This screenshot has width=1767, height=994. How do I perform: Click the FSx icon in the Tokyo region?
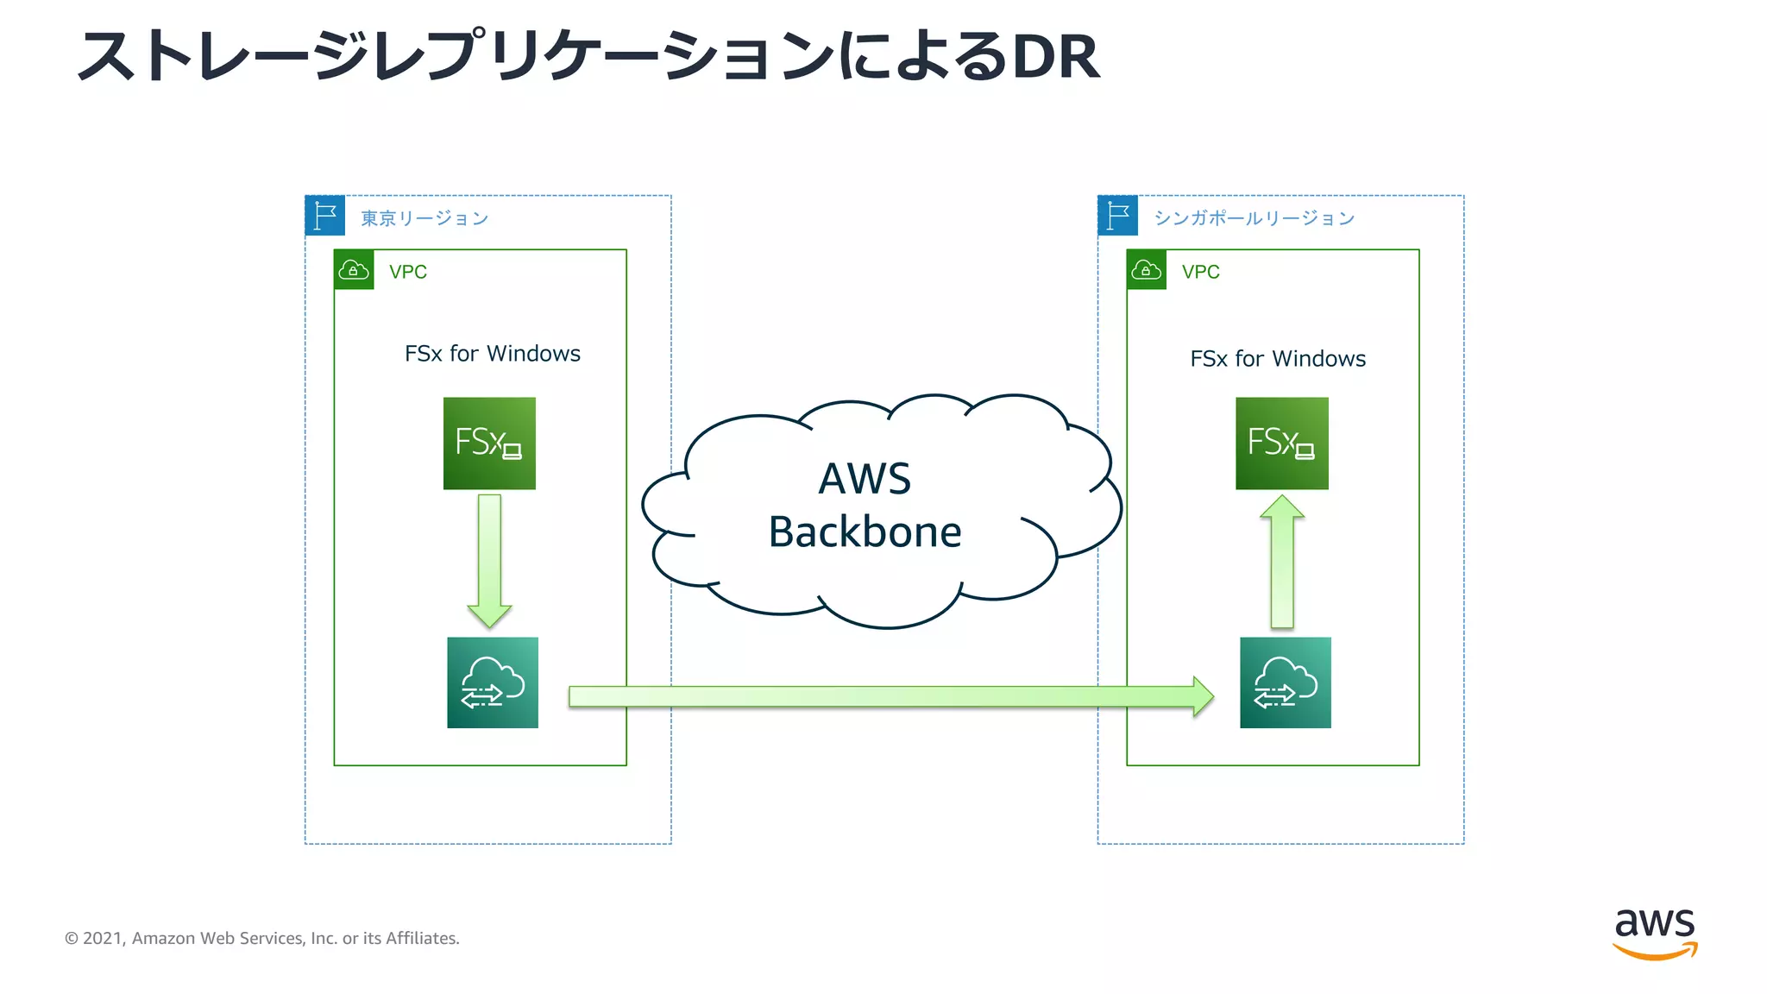489,444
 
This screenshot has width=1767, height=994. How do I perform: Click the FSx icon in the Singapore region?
1281,444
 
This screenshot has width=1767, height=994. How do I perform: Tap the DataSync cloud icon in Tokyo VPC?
493,683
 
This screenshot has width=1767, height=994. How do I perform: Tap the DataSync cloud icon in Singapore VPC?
1285,683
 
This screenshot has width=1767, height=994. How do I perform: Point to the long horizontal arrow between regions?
889,696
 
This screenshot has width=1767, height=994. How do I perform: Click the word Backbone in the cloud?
865,532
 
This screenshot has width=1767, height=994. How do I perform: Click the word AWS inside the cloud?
865,479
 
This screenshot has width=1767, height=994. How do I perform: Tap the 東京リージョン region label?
424,218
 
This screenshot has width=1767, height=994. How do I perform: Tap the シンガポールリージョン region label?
1254,218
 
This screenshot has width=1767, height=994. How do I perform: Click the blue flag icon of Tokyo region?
325,216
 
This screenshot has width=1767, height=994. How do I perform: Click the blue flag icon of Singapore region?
1118,216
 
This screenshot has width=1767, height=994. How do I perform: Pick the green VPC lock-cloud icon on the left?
354,270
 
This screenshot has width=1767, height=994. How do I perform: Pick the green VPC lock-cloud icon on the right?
1147,270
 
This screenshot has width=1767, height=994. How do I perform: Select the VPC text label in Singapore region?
1200,272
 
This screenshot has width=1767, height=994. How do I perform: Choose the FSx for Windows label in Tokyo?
492,354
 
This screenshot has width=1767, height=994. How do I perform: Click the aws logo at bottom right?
1654,932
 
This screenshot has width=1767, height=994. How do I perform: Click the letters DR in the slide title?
1055,58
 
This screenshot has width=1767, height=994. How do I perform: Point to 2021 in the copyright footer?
102,939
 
